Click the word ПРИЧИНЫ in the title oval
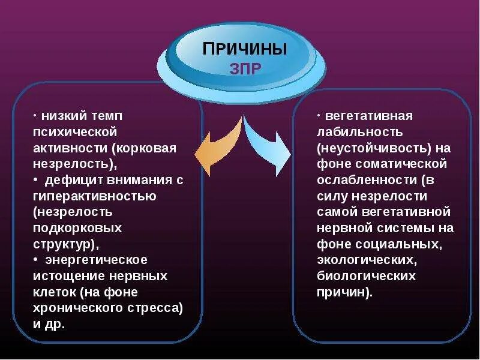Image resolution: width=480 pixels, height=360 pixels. point(244,49)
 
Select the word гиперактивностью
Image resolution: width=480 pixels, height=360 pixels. point(95,196)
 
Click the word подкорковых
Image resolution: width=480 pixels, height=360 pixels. point(78,228)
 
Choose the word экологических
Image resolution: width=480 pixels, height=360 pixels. point(366,260)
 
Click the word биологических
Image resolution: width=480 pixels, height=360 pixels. point(367,276)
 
